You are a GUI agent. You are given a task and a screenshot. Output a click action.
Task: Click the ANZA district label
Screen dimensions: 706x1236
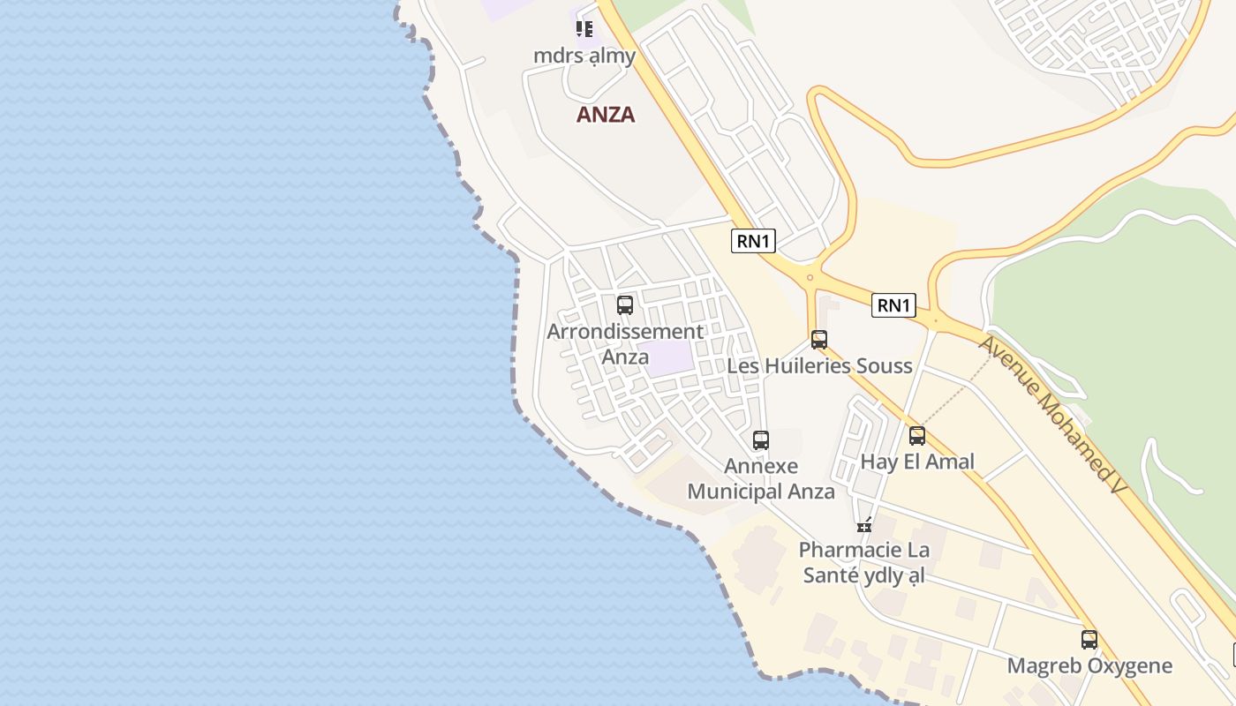click(606, 115)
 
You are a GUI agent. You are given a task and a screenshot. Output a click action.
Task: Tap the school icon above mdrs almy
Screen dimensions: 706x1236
click(584, 29)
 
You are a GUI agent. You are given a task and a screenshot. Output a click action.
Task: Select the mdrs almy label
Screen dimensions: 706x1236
click(584, 56)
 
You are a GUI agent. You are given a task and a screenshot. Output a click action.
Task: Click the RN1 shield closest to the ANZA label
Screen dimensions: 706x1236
click(753, 241)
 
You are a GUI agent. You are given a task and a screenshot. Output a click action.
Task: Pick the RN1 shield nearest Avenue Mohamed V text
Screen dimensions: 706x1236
click(894, 305)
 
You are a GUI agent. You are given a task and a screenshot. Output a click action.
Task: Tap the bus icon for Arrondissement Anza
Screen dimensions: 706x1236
click(625, 305)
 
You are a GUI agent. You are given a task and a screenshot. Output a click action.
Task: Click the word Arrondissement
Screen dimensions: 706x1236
click(625, 332)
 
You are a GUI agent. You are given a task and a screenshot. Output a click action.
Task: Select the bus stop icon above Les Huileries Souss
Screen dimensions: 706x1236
click(819, 339)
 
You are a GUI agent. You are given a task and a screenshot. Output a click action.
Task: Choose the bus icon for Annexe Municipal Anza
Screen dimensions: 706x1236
click(760, 439)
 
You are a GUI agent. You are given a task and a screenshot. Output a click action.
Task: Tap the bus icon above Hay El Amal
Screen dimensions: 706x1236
click(917, 435)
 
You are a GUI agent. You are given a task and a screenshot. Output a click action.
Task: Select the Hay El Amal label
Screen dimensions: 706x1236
click(917, 462)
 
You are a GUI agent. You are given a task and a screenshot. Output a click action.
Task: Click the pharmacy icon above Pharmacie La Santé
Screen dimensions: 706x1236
click(864, 525)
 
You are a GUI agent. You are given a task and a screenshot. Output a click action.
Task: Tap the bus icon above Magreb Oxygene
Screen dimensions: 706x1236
click(1089, 640)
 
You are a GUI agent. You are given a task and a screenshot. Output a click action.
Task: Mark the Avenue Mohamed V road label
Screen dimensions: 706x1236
click(1053, 413)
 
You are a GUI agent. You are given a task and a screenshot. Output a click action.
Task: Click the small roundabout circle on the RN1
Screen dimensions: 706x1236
click(810, 277)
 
